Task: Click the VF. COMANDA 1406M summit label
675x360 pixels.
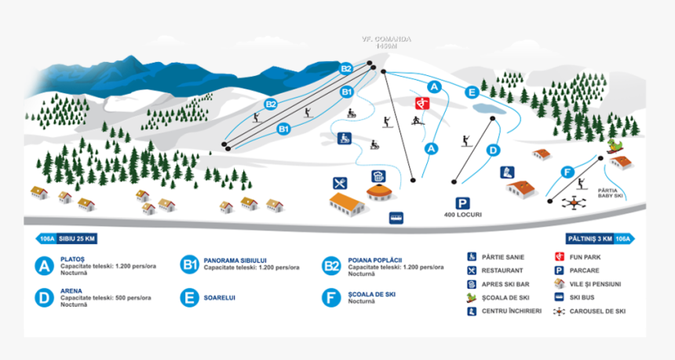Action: tap(386, 42)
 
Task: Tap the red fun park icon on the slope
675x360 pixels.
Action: tap(421, 104)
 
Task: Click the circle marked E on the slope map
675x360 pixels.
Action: tap(471, 92)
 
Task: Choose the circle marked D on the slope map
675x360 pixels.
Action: tap(493, 150)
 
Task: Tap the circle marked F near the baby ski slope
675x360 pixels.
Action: tap(567, 173)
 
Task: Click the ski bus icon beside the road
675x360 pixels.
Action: tap(396, 217)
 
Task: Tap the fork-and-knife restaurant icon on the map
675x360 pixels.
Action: tap(340, 183)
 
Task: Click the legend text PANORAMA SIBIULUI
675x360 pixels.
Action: tap(235, 260)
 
